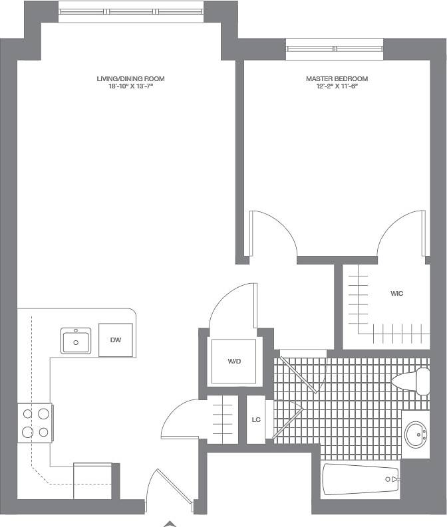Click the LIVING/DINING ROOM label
(x=130, y=79)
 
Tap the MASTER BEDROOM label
(x=337, y=79)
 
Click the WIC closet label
(x=397, y=293)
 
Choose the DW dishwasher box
(x=116, y=340)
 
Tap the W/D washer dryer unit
(x=233, y=362)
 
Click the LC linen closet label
(x=256, y=419)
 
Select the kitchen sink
(x=76, y=341)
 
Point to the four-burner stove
(x=35, y=423)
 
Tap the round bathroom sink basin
(x=416, y=435)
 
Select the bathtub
(x=360, y=479)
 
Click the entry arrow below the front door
(x=171, y=523)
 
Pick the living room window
(x=130, y=11)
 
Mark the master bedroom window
(x=335, y=48)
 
